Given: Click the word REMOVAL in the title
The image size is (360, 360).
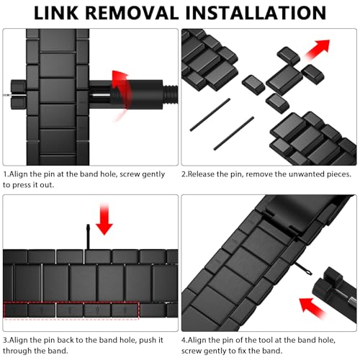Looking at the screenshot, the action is coord(132,13).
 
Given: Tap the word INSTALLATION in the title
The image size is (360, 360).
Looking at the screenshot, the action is coord(256,13).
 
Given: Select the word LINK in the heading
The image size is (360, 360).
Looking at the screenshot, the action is coord(56,13).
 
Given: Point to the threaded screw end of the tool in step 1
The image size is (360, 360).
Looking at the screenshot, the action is coord(170,94).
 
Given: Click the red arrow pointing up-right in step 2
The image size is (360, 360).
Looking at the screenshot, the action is coord(317,49).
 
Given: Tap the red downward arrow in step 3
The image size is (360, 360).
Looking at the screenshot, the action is coord(104,219).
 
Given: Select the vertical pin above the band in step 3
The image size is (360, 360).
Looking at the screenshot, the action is coord(88,236).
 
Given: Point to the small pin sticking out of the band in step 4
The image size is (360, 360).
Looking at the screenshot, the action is coord(303,269).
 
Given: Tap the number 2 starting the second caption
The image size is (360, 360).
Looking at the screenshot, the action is coord(184,174).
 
